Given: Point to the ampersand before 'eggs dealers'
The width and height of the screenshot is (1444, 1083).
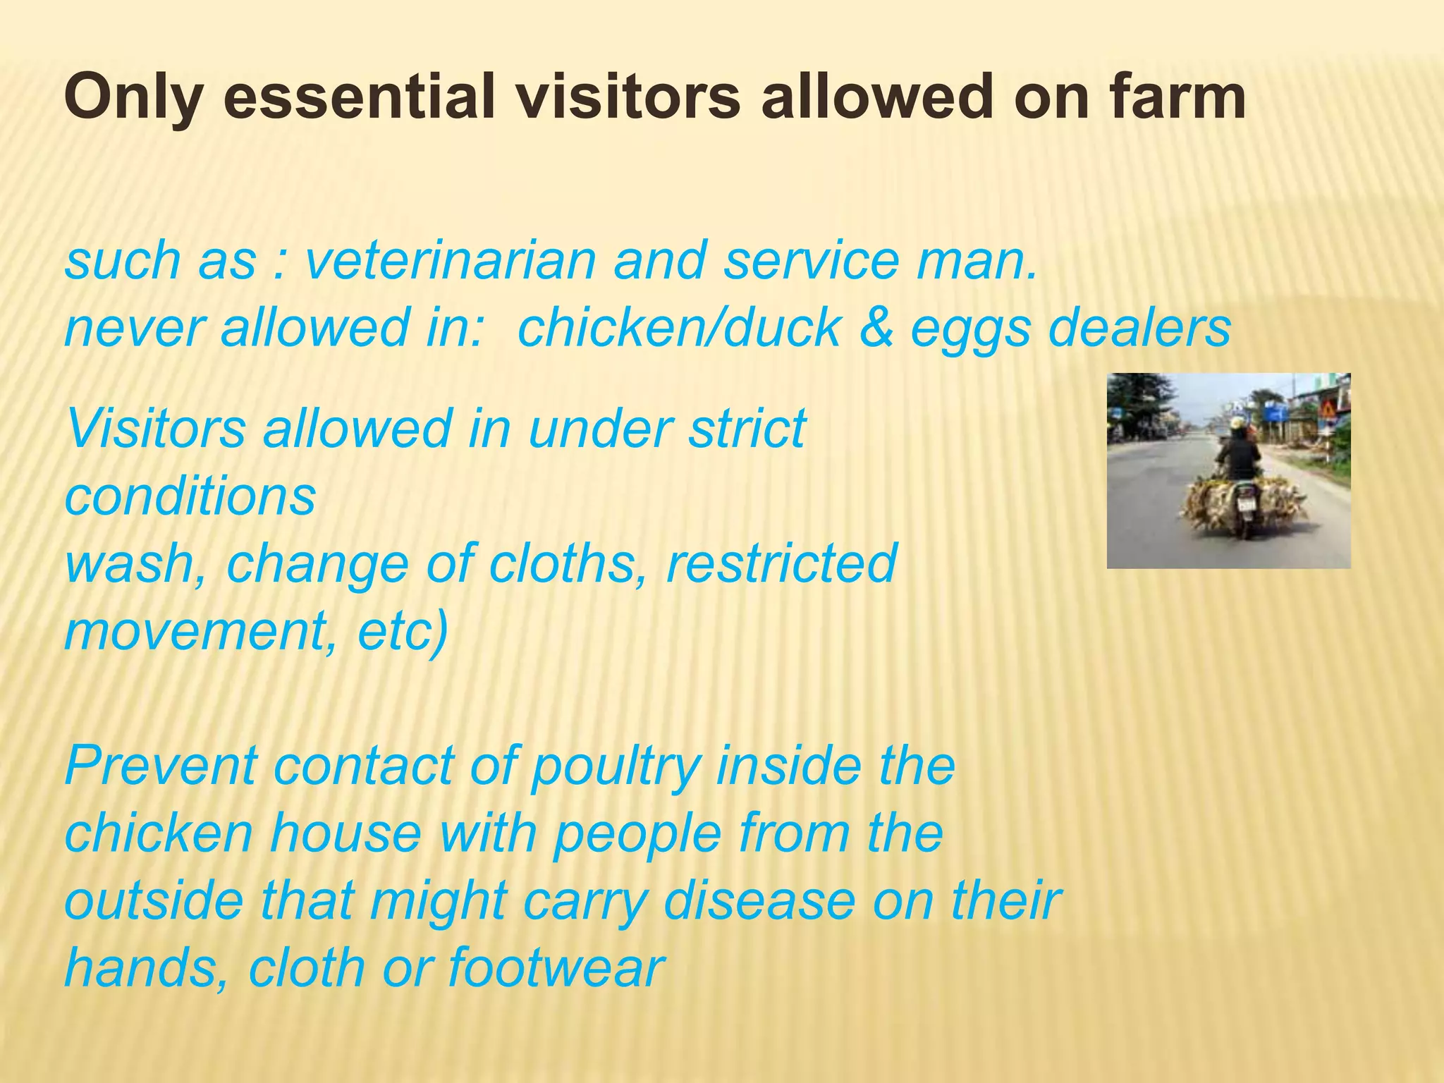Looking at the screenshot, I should click(x=876, y=329).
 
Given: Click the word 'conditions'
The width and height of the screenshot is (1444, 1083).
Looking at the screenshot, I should click(x=190, y=496).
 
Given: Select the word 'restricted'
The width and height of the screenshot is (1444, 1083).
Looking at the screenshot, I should click(x=781, y=564).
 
